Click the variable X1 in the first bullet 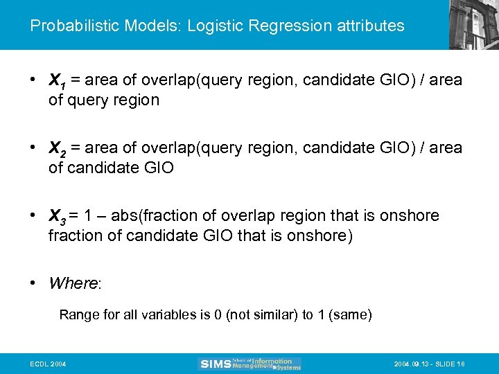coord(57,81)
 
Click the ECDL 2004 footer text coord(48,364)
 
